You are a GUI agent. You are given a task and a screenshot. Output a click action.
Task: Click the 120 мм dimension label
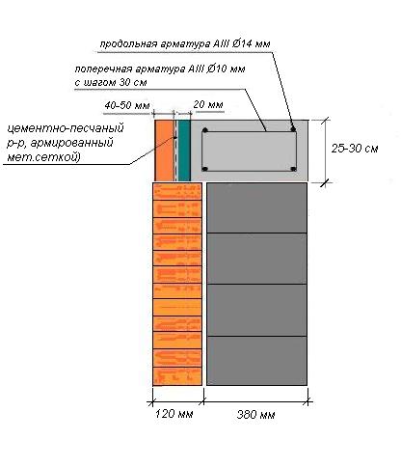[x=174, y=414]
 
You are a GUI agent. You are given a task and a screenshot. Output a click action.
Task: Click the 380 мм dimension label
[x=255, y=415]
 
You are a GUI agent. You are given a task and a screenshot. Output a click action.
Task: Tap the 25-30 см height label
[x=355, y=149]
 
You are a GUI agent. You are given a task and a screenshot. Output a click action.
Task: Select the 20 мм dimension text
[x=208, y=104]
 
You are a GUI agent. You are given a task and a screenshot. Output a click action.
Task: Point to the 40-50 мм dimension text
[x=127, y=105]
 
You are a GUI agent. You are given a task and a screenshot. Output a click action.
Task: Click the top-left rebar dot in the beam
[x=205, y=130]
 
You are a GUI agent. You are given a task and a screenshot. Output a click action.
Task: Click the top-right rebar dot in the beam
[x=293, y=129]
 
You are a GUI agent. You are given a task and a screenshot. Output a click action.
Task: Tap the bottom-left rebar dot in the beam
[x=205, y=169]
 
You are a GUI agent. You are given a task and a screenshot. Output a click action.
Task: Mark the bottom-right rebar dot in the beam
[x=293, y=169]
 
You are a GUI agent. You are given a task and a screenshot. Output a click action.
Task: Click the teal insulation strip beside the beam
[x=184, y=151]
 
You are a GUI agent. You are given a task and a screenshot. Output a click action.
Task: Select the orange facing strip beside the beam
[x=164, y=151]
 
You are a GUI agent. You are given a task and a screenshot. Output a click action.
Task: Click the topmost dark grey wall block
[x=256, y=207]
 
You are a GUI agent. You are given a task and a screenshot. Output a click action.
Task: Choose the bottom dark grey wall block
[x=256, y=361]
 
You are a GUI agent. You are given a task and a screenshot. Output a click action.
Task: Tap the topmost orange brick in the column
[x=177, y=192]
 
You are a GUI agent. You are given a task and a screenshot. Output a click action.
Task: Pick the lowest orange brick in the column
[x=177, y=376]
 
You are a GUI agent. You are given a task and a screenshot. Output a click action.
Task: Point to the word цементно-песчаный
[x=66, y=128]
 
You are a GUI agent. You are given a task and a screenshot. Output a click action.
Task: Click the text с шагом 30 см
[x=111, y=82]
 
